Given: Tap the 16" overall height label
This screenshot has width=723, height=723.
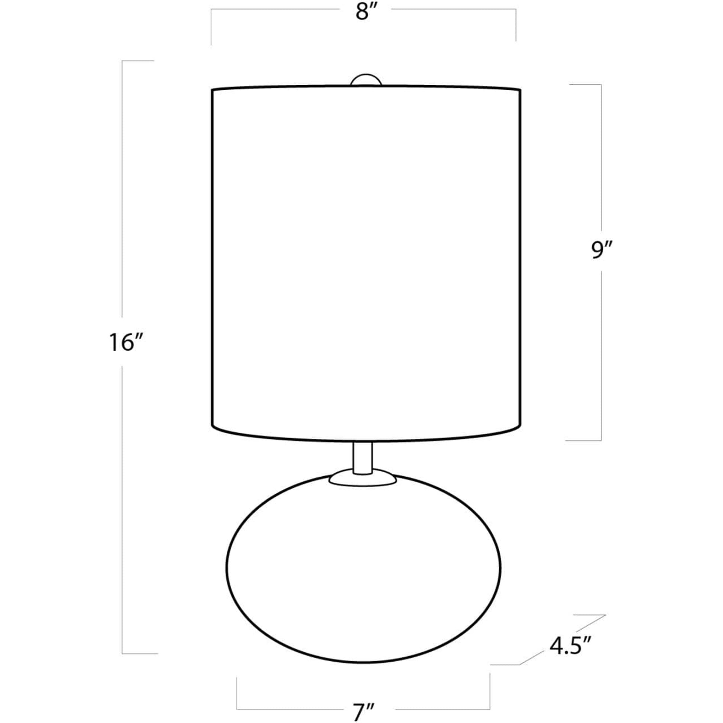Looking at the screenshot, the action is [126, 343].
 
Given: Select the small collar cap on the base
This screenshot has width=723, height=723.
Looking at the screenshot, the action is [362, 478].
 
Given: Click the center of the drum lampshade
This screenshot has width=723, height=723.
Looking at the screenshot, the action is [366, 264].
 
